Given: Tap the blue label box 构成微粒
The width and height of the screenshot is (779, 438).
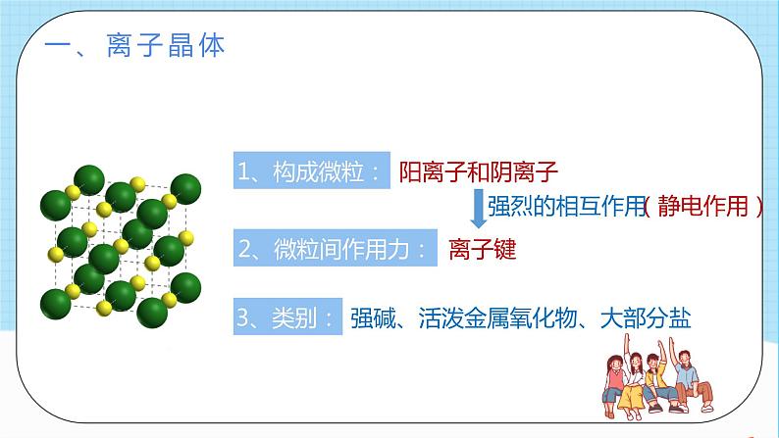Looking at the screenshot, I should (x=311, y=172).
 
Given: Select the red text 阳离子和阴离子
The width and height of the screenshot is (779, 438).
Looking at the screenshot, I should (x=479, y=172).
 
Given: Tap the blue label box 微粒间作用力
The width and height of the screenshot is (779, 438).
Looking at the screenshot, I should (x=333, y=249).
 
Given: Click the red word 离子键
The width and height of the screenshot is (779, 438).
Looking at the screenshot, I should (x=482, y=249).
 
